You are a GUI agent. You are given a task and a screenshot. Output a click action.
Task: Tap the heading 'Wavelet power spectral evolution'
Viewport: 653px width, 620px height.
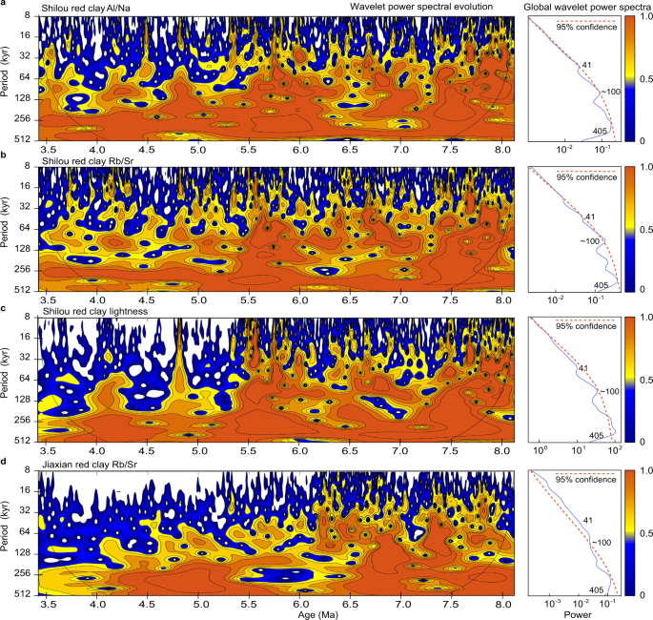click(421, 8)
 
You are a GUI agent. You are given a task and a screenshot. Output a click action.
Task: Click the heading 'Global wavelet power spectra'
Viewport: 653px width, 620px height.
click(583, 8)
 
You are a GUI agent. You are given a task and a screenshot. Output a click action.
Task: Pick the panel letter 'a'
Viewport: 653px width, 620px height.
click(6, 6)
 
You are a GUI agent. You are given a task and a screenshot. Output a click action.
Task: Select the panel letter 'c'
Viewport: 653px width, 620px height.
click(6, 308)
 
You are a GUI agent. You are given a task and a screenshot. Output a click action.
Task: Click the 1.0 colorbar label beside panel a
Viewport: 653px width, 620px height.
click(642, 18)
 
